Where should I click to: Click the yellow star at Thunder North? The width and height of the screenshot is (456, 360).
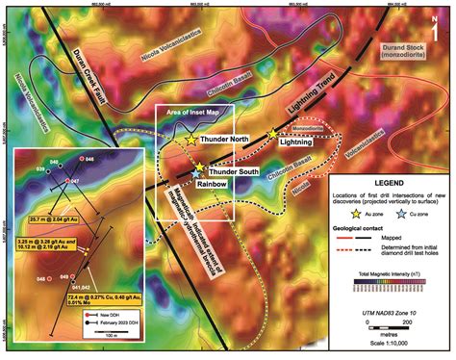pos(191,140)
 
